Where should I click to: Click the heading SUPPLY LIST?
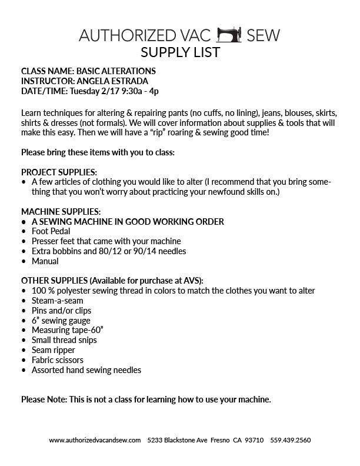click(179, 52)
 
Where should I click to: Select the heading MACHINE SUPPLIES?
click(61, 211)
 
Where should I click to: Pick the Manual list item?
click(45, 261)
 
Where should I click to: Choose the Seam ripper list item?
click(54, 350)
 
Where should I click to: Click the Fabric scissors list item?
click(57, 360)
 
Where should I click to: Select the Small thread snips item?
click(64, 340)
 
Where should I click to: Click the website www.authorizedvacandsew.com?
click(95, 440)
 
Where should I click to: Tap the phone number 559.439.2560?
click(291, 440)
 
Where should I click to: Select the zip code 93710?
click(254, 440)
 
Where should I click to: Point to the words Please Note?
click(44, 400)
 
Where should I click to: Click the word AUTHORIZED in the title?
click(125, 35)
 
